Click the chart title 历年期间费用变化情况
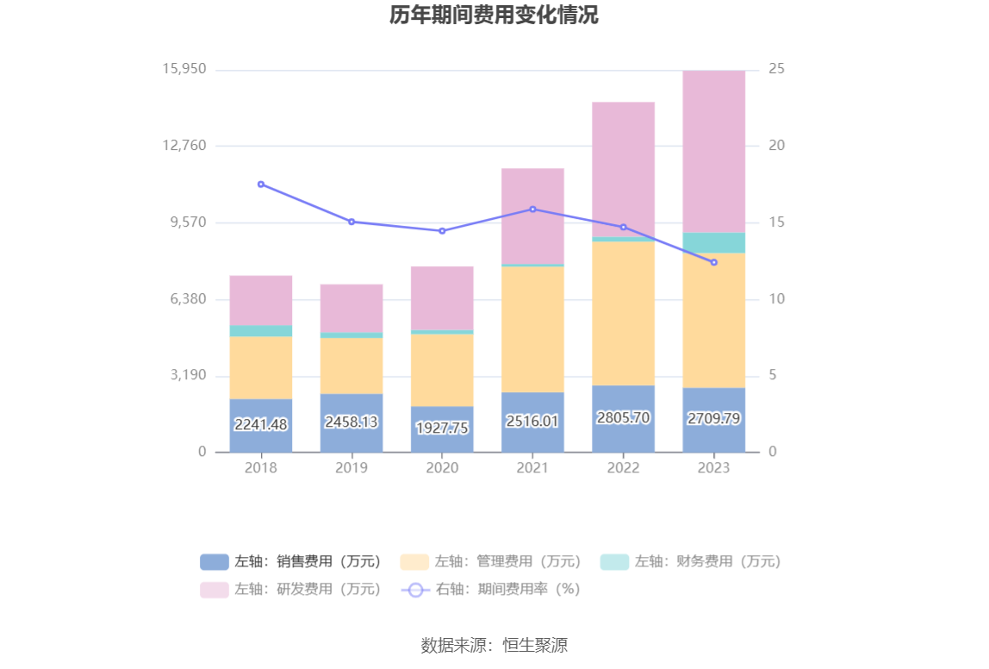pyautogui.click(x=494, y=16)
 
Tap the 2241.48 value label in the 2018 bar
pyautogui.click(x=261, y=424)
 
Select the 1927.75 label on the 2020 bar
pyautogui.click(x=442, y=428)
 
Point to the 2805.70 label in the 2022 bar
pyautogui.click(x=623, y=417)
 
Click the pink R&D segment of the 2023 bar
pyautogui.click(x=713, y=151)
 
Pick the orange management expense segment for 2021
pyautogui.click(x=532, y=329)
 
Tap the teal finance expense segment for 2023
pyautogui.click(x=713, y=242)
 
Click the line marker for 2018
pyautogui.click(x=261, y=184)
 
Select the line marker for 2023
pyautogui.click(x=713, y=262)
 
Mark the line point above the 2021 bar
pyautogui.click(x=532, y=209)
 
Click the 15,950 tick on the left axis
pyautogui.click(x=184, y=69)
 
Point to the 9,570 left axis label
pyautogui.click(x=184, y=222)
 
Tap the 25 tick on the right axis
pyautogui.click(x=776, y=69)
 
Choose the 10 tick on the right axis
pyautogui.click(x=776, y=299)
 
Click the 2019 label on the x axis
pyautogui.click(x=351, y=468)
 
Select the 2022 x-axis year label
pyautogui.click(x=623, y=468)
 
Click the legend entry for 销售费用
pyautogui.click(x=290, y=562)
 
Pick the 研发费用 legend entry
pyautogui.click(x=290, y=590)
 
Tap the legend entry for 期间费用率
pyautogui.click(x=490, y=590)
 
